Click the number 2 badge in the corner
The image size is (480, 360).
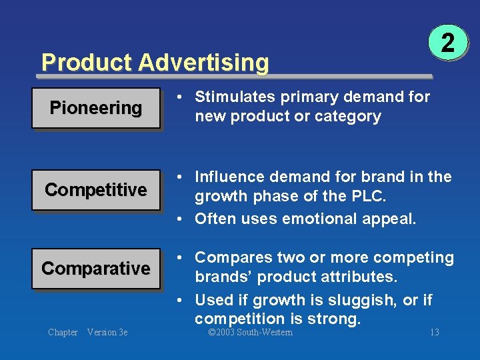coord(448,43)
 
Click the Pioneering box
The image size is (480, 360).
coord(96,107)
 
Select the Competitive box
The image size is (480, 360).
coord(96,190)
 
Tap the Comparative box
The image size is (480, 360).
coord(96,269)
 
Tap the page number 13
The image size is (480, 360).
coord(434,333)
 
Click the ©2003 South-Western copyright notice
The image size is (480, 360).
coord(250,333)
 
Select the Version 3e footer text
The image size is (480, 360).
coord(107,333)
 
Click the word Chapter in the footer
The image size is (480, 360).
coord(63,333)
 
